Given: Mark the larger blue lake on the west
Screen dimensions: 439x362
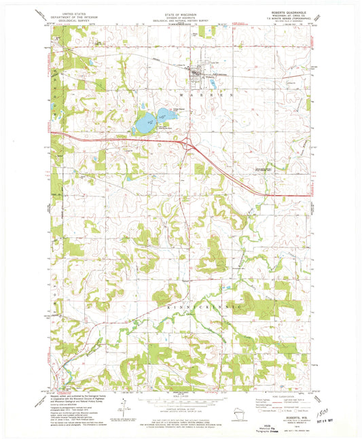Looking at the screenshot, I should tap(145, 124).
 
